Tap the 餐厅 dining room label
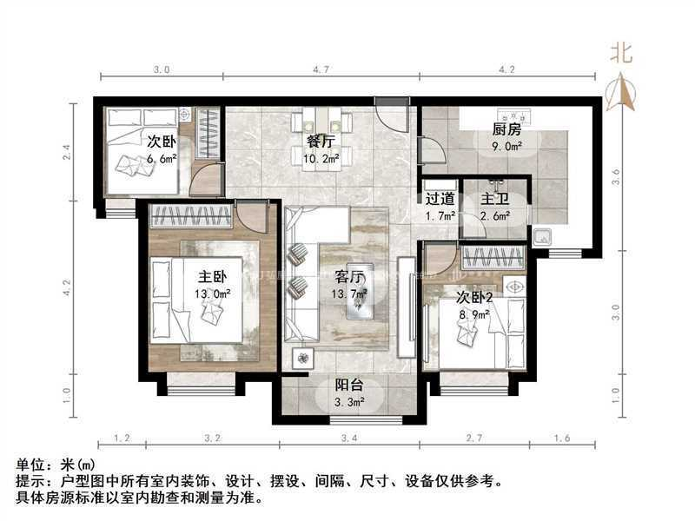(x=321, y=141)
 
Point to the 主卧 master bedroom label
(x=212, y=278)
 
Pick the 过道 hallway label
(x=439, y=198)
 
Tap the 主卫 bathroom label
(x=497, y=198)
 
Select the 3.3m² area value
(x=350, y=403)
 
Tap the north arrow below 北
(x=620, y=91)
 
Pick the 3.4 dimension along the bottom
(x=349, y=439)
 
